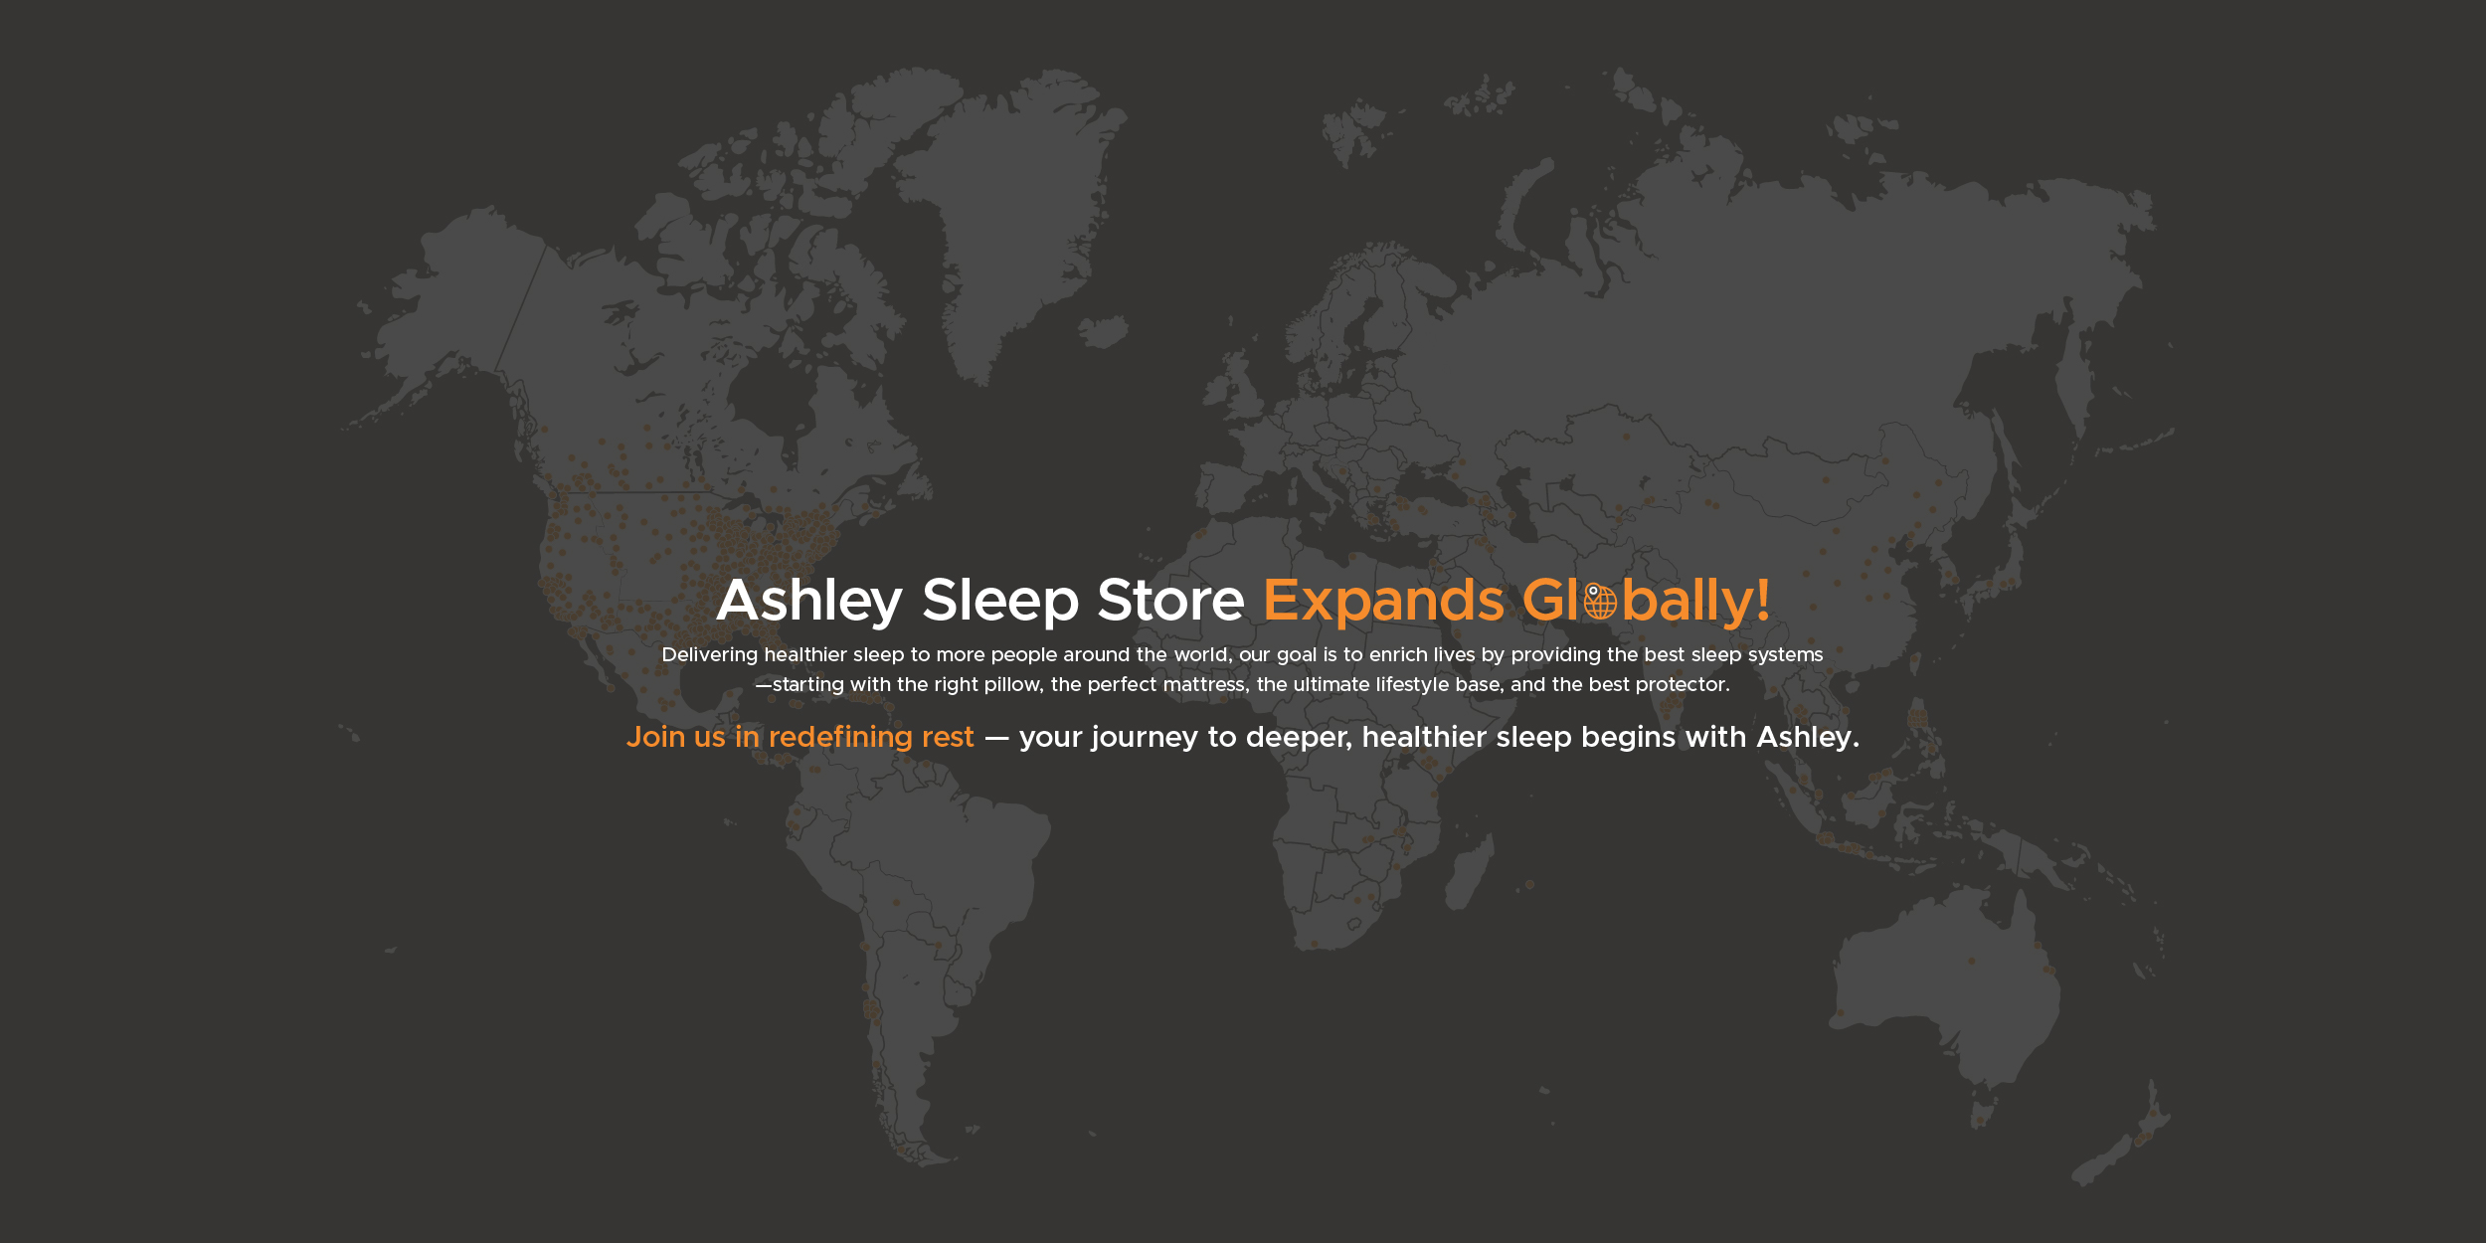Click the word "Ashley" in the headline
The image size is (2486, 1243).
808,602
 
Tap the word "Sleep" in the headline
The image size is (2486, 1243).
999,602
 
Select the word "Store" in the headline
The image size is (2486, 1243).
1170,602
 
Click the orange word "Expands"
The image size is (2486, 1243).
1383,602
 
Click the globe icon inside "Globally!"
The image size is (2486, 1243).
1600,603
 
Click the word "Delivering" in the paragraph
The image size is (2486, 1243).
709,655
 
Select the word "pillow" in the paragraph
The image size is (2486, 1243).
1012,685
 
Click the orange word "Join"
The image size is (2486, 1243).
655,737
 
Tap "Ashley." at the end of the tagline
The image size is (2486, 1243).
1808,738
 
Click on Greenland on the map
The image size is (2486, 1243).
1004,199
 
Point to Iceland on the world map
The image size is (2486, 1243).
1104,330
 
